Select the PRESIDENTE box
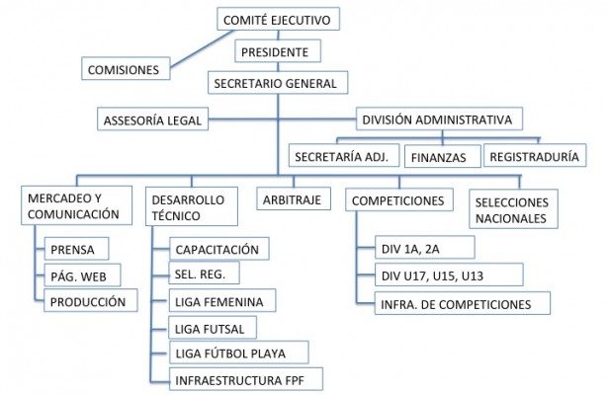click(x=280, y=51)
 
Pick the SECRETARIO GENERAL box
click(x=280, y=84)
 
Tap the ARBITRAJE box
click(x=291, y=199)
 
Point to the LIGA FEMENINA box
click(x=221, y=300)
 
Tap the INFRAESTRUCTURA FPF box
click(x=234, y=379)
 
